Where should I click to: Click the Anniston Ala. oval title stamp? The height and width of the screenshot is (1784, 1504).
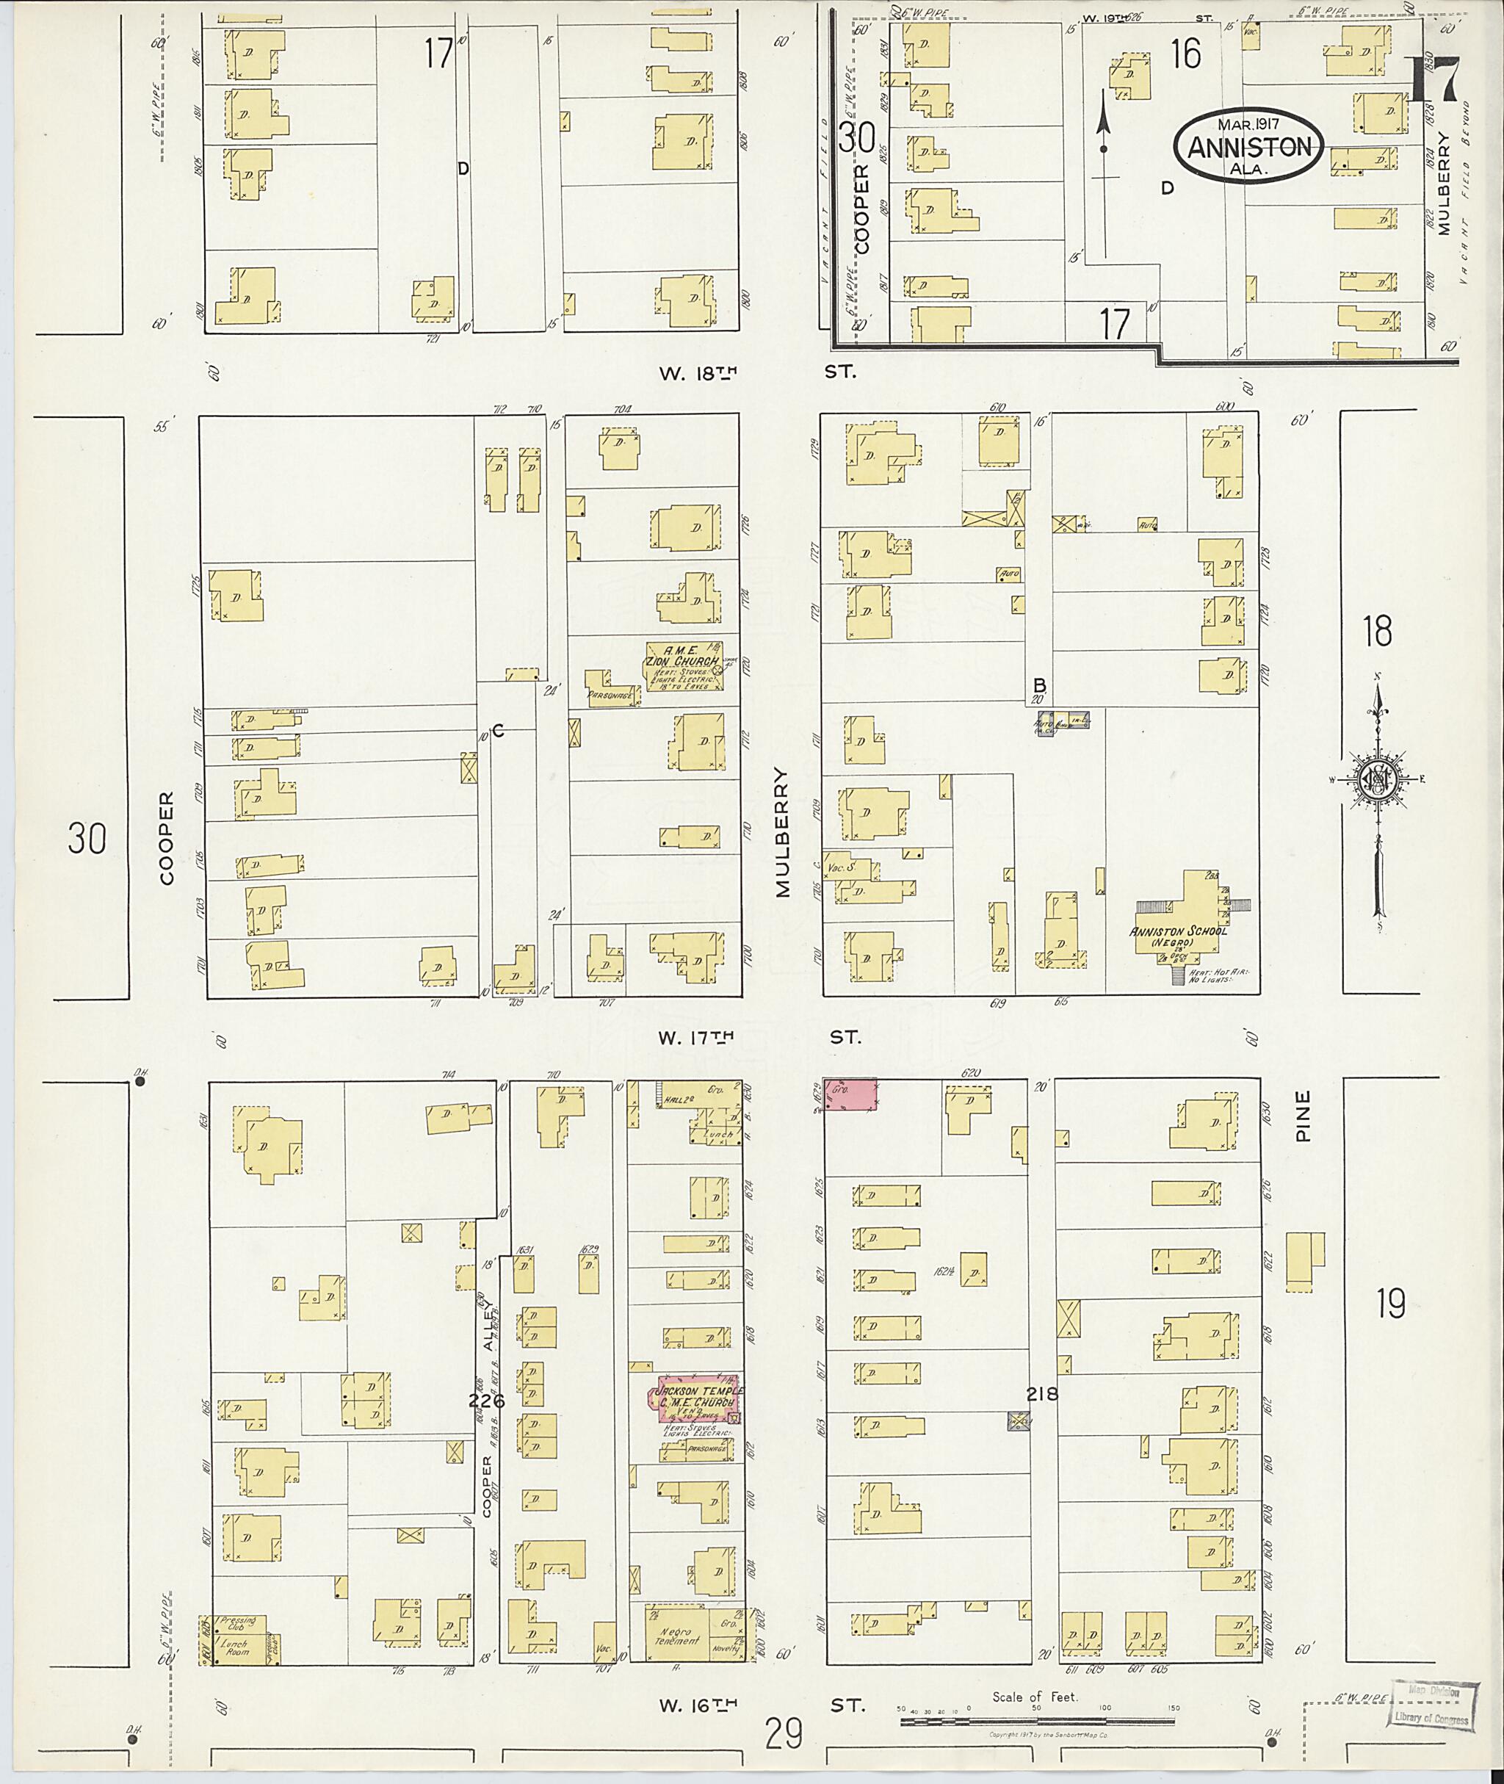point(1248,145)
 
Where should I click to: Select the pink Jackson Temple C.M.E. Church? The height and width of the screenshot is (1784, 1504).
point(697,1397)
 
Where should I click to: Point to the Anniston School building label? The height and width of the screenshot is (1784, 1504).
point(1177,932)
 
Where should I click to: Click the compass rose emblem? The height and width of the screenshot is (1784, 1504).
point(1375,779)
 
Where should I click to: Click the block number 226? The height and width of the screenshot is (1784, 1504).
point(487,1399)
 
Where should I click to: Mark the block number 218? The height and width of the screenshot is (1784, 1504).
point(1041,1394)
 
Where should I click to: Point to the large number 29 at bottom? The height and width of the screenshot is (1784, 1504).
point(784,1732)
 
